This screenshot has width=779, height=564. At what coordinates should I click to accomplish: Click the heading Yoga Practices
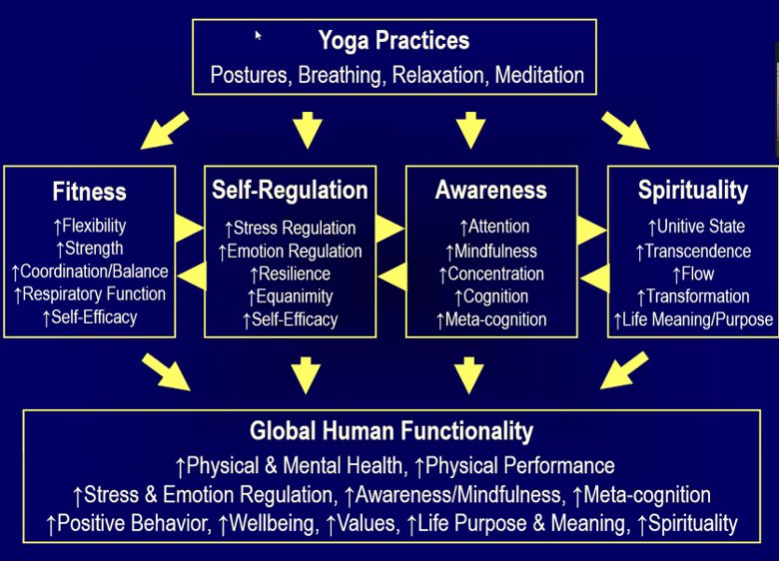[x=393, y=41]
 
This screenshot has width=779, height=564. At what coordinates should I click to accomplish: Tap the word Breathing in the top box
[x=340, y=76]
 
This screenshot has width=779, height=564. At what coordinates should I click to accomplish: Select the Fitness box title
[x=90, y=192]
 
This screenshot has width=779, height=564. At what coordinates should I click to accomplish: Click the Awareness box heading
[x=490, y=190]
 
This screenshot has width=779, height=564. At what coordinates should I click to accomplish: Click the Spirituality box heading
[x=693, y=191]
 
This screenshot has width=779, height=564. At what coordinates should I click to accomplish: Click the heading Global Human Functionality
[x=391, y=431]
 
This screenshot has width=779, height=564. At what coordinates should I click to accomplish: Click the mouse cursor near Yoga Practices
[x=258, y=35]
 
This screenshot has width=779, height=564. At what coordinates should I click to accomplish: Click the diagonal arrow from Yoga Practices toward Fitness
[x=165, y=131]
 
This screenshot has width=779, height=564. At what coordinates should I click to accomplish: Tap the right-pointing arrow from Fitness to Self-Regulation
[x=190, y=229]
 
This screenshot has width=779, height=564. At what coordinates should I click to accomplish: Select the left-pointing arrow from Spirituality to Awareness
[x=594, y=279]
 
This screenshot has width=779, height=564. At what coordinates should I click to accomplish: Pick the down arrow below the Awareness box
[x=469, y=375]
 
